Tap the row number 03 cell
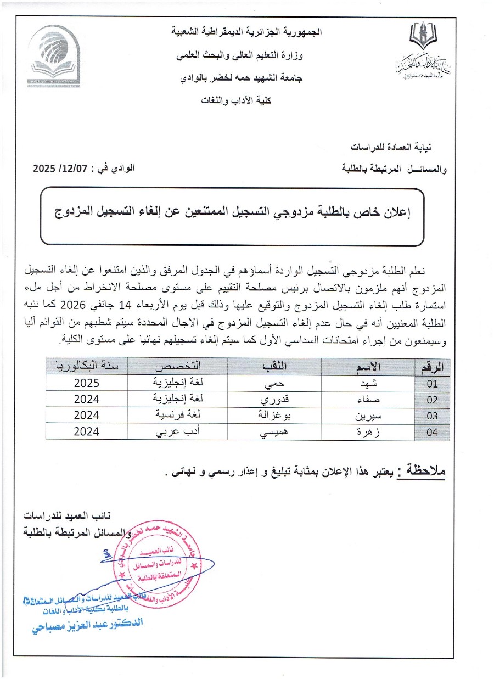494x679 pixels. pyautogui.click(x=433, y=416)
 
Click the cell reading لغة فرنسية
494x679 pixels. pyautogui.click(x=177, y=416)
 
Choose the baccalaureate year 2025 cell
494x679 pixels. pyautogui.click(x=86, y=384)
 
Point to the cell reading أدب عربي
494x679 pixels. pyautogui.click(x=177, y=432)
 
